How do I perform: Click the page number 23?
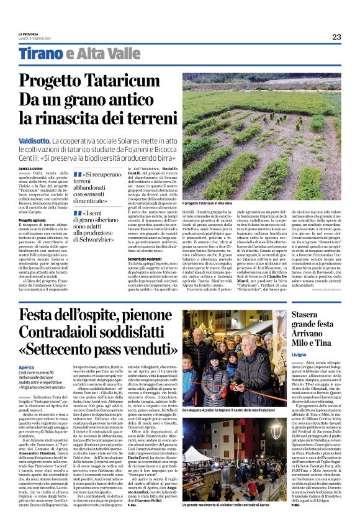[336, 37]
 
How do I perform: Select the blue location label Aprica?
[26, 385]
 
